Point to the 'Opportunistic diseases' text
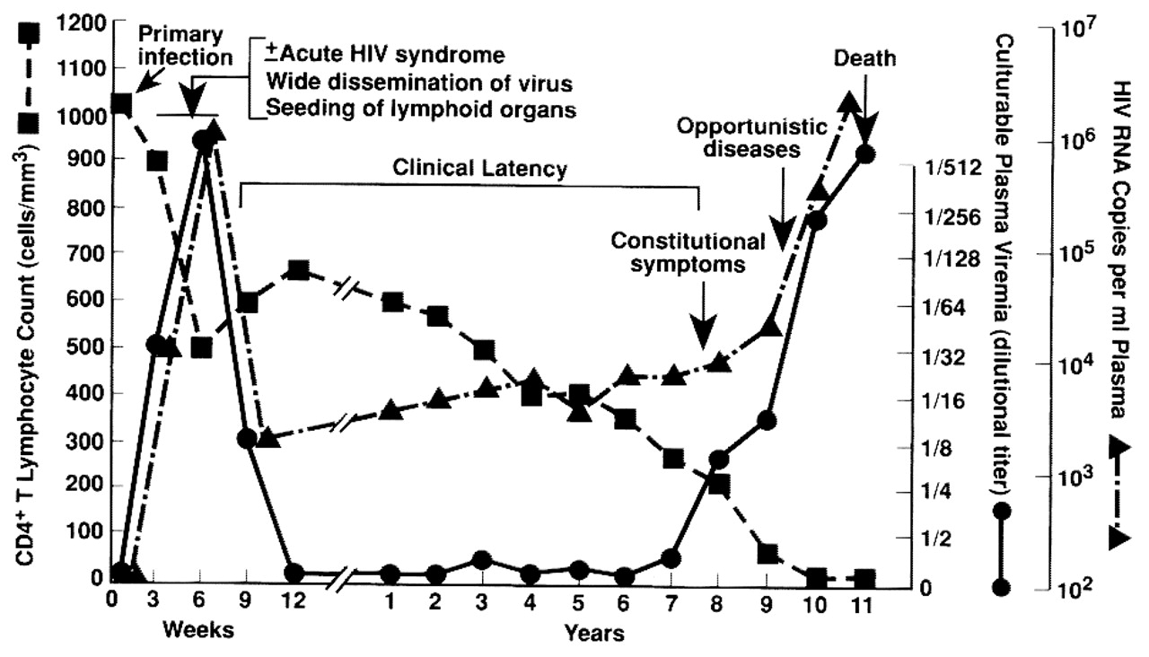pyautogui.click(x=752, y=138)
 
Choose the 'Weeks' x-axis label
pyautogui.click(x=197, y=629)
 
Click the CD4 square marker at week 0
pyautogui.click(x=121, y=105)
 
